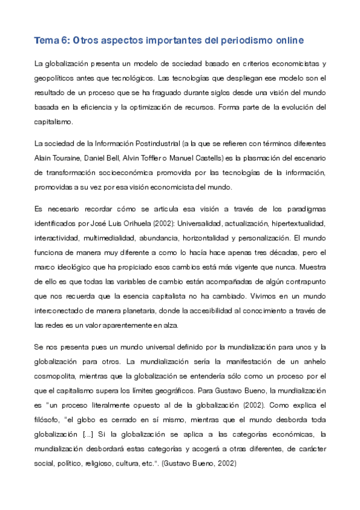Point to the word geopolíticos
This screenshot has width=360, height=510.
(58, 78)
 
